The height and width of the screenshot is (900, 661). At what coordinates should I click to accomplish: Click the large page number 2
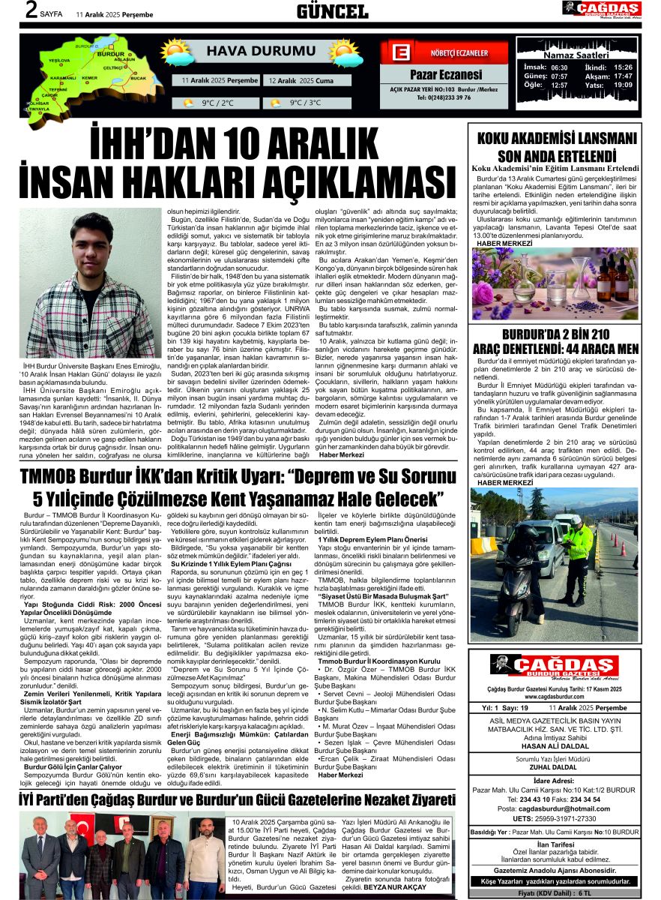(x=30, y=11)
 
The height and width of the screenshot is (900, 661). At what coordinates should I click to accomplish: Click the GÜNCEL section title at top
(x=332, y=11)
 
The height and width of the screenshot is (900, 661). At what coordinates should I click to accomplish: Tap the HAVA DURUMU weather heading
(x=251, y=51)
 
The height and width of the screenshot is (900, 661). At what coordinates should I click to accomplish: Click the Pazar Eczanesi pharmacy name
(x=445, y=75)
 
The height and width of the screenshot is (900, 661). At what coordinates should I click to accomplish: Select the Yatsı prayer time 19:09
(x=623, y=85)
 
